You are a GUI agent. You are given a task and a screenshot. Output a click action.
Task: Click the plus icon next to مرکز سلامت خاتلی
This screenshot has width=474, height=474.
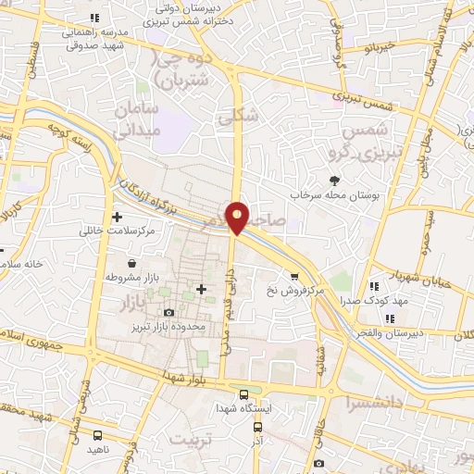[117, 217]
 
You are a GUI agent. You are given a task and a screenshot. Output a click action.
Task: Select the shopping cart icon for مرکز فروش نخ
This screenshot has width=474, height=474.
[294, 276]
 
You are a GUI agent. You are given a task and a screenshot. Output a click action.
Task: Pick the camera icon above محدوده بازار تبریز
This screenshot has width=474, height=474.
[168, 313]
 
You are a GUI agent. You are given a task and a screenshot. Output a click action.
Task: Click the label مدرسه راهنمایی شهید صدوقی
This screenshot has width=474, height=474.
[93, 37]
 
